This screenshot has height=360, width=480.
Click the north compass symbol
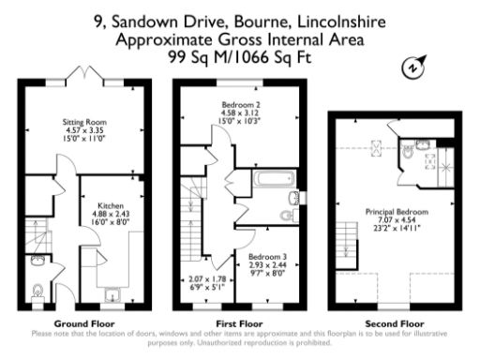(x=410, y=67)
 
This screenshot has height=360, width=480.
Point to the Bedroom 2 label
(x=240, y=103)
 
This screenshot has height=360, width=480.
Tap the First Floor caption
(x=240, y=321)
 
